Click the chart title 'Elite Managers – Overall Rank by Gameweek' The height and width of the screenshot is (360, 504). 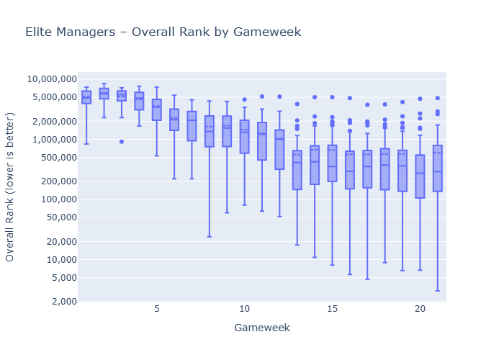(163, 32)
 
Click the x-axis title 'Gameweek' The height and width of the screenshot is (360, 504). (262, 328)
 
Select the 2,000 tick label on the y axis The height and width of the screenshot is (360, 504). (60, 302)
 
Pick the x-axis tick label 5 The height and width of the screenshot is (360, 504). (156, 309)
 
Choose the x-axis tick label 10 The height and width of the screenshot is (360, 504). (244, 309)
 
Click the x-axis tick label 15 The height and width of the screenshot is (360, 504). (332, 309)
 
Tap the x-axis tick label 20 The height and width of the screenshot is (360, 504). (420, 309)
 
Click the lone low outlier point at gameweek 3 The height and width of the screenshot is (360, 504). (121, 142)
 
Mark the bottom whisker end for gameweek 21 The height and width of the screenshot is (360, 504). (438, 291)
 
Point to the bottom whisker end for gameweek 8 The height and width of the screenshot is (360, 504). (209, 236)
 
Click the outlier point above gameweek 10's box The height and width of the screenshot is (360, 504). (244, 99)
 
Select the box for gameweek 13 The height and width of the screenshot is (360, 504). (297, 170)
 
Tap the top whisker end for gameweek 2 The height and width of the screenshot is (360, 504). (104, 84)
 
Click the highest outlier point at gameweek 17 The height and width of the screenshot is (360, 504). (367, 104)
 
